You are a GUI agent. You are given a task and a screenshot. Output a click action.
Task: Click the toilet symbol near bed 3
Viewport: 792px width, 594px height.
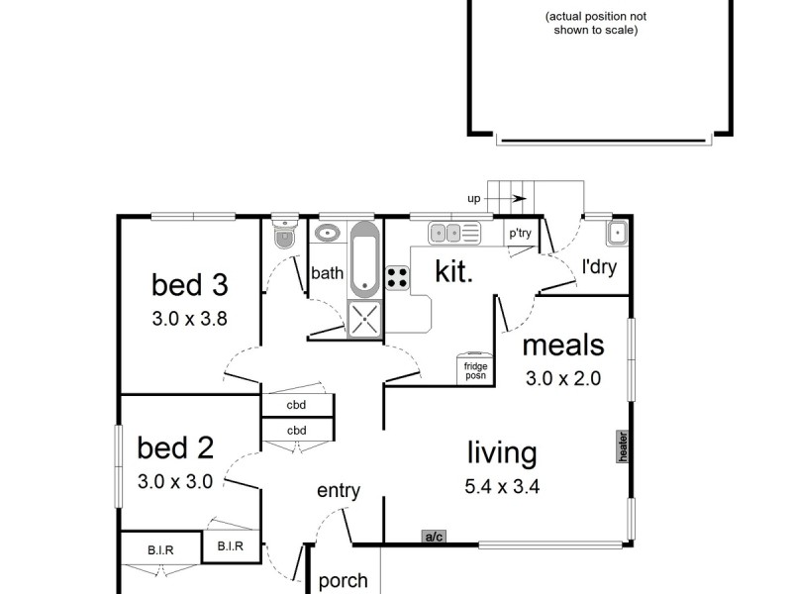(x=285, y=235)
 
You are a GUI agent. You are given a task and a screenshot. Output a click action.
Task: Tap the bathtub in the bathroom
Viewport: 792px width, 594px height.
(x=363, y=259)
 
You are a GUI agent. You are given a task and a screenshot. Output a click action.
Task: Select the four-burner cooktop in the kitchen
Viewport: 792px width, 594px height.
(x=397, y=278)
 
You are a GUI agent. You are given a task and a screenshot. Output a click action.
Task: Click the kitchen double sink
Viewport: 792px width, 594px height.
(x=454, y=233)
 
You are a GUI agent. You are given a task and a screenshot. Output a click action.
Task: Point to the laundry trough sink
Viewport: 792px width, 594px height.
(x=617, y=233)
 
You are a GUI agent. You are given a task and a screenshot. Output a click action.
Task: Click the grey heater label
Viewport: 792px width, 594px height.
(x=623, y=446)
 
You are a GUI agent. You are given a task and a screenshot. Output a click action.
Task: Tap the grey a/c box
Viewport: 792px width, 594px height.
(x=434, y=537)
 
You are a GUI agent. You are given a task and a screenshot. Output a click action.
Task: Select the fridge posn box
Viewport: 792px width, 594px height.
(x=475, y=369)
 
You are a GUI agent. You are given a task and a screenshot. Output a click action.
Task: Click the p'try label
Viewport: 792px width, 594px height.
(x=521, y=233)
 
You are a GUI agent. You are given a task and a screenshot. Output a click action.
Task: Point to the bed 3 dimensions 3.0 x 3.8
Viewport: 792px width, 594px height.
(x=189, y=319)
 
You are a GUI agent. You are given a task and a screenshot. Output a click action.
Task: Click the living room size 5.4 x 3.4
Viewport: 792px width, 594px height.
(x=502, y=486)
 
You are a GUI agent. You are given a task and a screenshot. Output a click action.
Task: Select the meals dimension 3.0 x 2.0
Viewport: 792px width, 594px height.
(x=563, y=378)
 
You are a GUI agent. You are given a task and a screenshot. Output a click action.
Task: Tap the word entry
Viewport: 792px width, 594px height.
(x=339, y=490)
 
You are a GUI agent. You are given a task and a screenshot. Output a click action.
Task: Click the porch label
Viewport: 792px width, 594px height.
(x=343, y=581)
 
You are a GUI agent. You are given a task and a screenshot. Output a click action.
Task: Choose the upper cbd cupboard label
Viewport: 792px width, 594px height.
(x=296, y=405)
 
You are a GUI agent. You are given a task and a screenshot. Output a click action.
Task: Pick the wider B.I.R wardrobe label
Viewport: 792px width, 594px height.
(x=160, y=550)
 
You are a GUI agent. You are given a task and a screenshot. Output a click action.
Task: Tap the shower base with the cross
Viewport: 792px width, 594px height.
(x=364, y=319)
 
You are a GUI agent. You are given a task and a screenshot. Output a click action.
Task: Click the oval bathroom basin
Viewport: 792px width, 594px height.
(x=328, y=233)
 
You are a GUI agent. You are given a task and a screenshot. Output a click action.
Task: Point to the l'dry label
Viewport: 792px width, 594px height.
(x=599, y=266)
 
